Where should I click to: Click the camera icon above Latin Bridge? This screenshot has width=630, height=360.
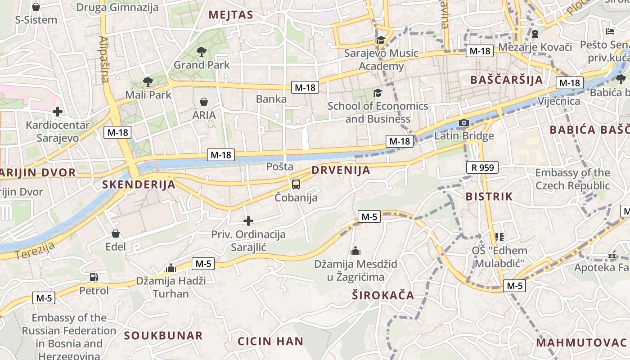click(463, 123)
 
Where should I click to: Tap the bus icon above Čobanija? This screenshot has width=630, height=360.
click(296, 184)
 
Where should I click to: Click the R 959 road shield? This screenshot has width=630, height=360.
click(483, 168)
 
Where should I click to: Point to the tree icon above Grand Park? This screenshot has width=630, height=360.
click(202, 52)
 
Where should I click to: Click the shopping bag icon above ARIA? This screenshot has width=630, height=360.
click(204, 102)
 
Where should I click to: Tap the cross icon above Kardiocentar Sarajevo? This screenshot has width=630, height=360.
click(58, 112)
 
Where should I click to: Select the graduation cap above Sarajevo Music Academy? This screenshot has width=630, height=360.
click(381, 40)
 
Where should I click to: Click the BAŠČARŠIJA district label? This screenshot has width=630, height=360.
click(506, 80)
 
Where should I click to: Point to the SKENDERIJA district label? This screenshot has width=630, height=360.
click(139, 184)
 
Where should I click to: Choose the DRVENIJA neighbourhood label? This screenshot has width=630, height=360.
click(341, 170)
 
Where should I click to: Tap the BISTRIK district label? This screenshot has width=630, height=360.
click(489, 196)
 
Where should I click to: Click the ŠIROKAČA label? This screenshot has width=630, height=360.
click(383, 295)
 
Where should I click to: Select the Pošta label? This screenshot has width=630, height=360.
click(280, 166)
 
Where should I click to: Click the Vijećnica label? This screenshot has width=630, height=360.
click(559, 101)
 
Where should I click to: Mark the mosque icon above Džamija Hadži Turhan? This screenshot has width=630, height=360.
click(171, 268)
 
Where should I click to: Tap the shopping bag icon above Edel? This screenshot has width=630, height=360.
click(116, 234)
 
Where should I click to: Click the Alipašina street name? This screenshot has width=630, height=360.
click(104, 59)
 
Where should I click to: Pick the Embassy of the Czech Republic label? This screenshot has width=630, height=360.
click(572, 179)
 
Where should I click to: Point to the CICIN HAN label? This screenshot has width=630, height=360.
click(270, 341)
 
